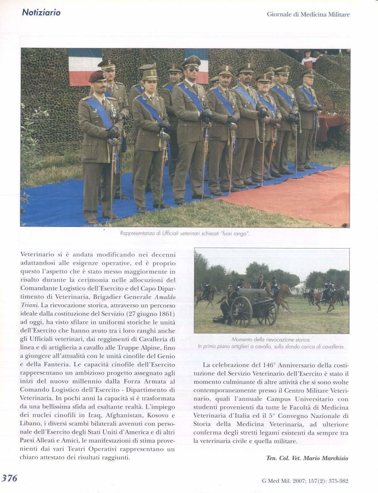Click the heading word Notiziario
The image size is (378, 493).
(41, 13)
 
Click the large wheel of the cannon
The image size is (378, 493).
(241, 311)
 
